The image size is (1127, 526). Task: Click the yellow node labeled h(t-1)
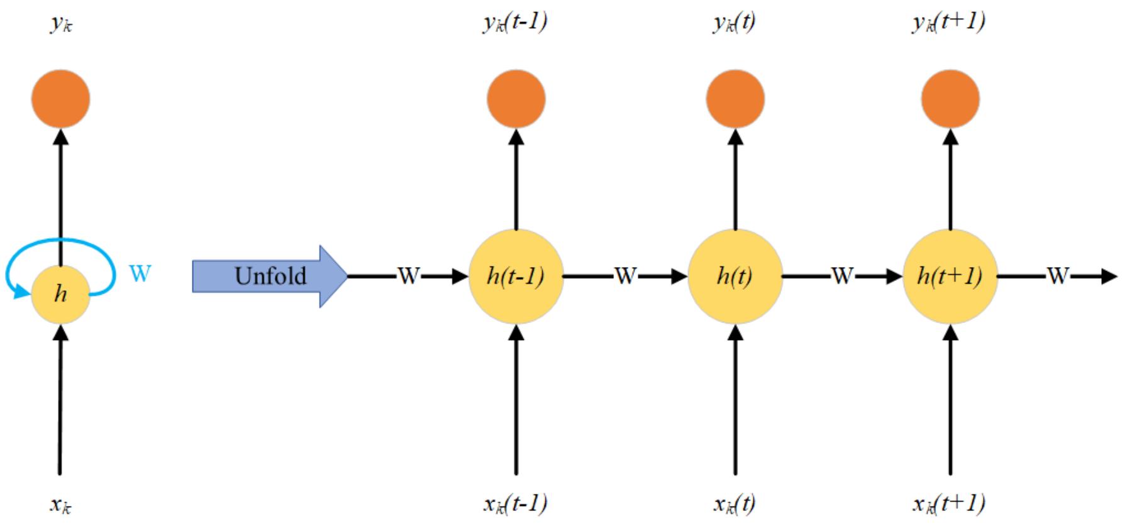[x=516, y=276]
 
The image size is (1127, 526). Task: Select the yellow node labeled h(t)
[x=735, y=276]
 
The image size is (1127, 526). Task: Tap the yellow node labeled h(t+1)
[x=950, y=276]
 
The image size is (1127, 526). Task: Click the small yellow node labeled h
[x=60, y=294]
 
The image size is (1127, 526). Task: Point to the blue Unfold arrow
[x=269, y=276]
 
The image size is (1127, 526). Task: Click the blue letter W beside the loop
[x=140, y=273]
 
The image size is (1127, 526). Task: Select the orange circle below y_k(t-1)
[x=516, y=99]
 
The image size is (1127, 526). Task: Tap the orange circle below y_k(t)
[x=735, y=99]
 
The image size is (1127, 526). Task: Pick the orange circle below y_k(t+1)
[x=950, y=99]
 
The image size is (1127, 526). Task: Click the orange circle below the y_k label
[x=60, y=99]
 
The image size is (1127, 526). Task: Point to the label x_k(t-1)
[x=515, y=503]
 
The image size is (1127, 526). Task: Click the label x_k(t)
[x=734, y=503]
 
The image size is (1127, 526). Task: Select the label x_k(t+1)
[x=948, y=503]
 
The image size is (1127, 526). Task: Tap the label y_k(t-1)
[x=515, y=22]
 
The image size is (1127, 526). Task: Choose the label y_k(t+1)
[x=948, y=22]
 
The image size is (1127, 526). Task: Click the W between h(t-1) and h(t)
[x=625, y=276]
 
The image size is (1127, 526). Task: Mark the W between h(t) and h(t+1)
[x=842, y=276]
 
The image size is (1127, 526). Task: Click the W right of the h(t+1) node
[x=1058, y=276]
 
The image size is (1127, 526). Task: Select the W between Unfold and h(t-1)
[x=408, y=276]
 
